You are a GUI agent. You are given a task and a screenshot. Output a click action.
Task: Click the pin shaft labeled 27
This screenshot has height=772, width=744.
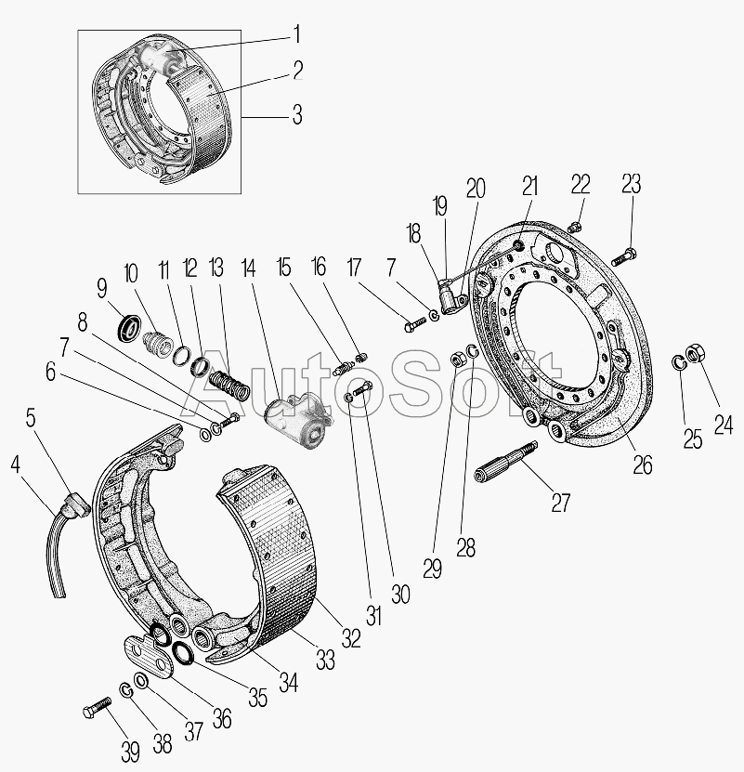pyautogui.click(x=509, y=462)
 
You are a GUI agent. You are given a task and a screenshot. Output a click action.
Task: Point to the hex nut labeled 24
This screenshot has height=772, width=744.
pyautogui.click(x=695, y=354)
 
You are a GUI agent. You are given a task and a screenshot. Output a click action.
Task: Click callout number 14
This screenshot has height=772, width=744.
pyautogui.click(x=247, y=269)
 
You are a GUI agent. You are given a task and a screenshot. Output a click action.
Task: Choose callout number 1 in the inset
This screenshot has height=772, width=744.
pyautogui.click(x=296, y=34)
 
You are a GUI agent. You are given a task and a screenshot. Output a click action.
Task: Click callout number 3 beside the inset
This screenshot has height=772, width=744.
pyautogui.click(x=296, y=117)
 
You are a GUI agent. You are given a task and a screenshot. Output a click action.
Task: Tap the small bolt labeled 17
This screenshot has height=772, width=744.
pyautogui.click(x=414, y=323)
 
